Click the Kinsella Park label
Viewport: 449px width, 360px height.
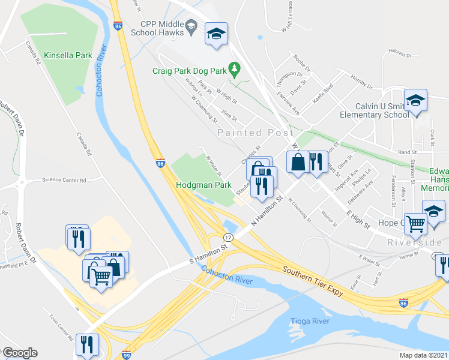pos(68,56)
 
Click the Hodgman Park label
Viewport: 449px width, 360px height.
pos(203,186)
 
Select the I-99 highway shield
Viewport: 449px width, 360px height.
pos(126,355)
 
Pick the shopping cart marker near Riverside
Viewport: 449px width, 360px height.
pos(415,224)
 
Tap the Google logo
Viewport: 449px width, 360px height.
pos(19,353)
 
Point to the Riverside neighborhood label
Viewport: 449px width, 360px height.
pos(415,242)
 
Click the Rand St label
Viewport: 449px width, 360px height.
pos(407,153)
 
